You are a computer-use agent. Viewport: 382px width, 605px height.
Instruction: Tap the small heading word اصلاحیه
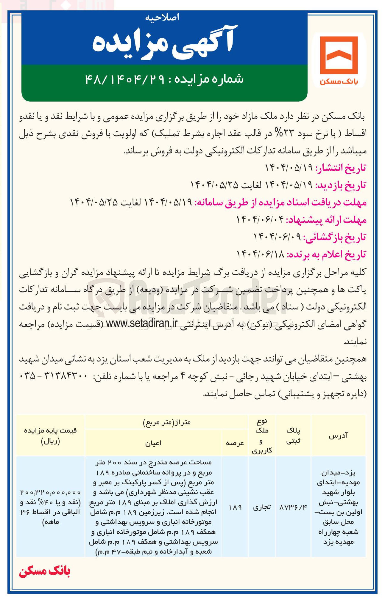[x=162, y=18]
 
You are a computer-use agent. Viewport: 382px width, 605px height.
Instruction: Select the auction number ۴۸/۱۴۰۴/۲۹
[x=125, y=79]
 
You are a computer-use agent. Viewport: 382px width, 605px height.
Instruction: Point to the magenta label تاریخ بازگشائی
[x=335, y=237]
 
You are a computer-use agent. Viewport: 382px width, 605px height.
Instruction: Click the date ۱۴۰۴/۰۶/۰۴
[x=260, y=220]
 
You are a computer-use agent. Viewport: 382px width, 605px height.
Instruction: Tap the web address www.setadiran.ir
[x=142, y=324]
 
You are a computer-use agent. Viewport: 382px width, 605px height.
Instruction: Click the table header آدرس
[x=338, y=436]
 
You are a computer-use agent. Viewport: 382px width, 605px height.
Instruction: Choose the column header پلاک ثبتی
[x=293, y=436]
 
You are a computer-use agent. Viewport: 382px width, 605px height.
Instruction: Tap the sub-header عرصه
[x=235, y=443]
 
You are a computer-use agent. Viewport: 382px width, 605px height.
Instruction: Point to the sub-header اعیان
[x=153, y=443]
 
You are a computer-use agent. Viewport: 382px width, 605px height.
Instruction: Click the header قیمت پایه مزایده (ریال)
[x=50, y=436]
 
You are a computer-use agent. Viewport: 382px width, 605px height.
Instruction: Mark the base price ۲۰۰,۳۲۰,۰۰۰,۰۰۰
[x=50, y=493]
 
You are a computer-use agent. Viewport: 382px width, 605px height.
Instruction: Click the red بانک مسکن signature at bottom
[x=45, y=571]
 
